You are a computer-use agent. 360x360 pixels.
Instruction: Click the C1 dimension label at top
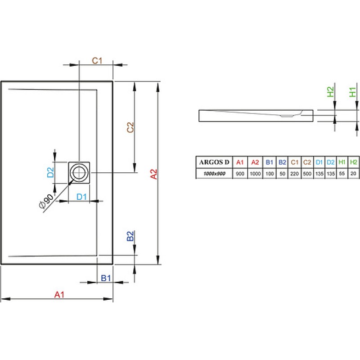click(x=97, y=61)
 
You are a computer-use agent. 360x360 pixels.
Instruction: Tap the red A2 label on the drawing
click(x=153, y=174)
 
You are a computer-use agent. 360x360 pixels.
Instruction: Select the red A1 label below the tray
click(x=59, y=295)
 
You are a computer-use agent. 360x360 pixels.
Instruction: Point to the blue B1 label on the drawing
click(x=106, y=278)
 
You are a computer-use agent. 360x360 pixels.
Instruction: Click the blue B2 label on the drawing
click(x=130, y=236)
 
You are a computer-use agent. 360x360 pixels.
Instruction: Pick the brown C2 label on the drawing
click(x=130, y=127)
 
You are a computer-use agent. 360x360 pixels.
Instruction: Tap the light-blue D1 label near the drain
click(x=81, y=197)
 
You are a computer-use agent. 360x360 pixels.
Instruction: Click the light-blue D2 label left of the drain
click(x=50, y=172)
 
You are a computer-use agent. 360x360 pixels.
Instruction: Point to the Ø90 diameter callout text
click(x=46, y=201)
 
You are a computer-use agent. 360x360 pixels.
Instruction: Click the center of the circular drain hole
click(x=79, y=173)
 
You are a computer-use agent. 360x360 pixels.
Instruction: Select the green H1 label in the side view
click(x=352, y=92)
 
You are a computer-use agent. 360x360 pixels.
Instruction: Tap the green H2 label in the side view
click(x=330, y=92)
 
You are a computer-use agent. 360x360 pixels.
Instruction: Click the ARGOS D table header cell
click(x=214, y=162)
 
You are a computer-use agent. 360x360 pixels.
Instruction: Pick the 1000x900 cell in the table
click(x=214, y=174)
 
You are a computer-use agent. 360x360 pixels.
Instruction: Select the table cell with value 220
click(x=294, y=174)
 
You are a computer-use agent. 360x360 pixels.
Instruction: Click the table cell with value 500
click(x=307, y=174)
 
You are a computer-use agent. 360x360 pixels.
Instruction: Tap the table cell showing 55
click(x=342, y=174)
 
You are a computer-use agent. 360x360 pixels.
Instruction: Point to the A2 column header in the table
click(x=255, y=162)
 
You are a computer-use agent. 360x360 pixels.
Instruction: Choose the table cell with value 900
click(x=240, y=174)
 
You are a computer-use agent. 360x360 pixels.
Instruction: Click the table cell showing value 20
click(x=353, y=174)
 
